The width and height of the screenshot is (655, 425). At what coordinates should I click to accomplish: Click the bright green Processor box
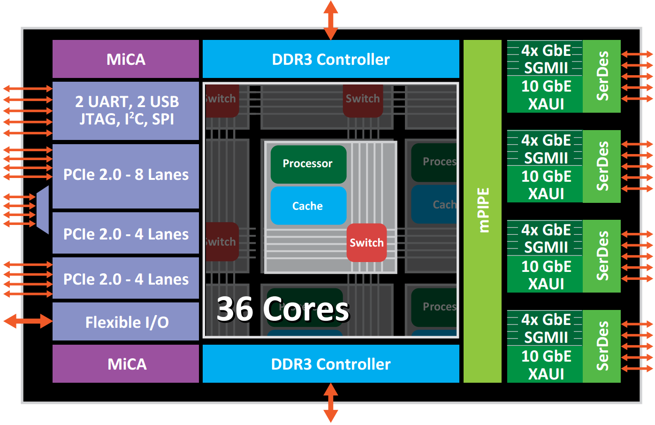click(x=308, y=164)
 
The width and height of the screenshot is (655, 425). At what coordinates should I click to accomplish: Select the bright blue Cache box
click(x=308, y=206)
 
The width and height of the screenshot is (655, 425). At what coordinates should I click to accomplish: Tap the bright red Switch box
click(x=366, y=242)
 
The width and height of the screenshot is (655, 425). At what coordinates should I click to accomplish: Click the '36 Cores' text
click(x=282, y=309)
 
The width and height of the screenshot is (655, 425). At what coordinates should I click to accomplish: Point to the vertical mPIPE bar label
click(x=483, y=210)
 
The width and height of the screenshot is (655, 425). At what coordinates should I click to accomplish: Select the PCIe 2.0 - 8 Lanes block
click(x=126, y=175)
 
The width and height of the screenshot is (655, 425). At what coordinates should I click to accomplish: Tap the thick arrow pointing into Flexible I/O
click(x=28, y=321)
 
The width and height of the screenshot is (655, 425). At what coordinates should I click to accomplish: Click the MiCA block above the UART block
click(x=126, y=59)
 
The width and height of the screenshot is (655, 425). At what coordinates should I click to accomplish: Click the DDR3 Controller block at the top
click(x=331, y=59)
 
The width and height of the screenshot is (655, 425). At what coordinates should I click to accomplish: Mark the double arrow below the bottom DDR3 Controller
click(x=331, y=402)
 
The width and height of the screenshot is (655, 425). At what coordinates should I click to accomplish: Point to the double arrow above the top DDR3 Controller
click(x=331, y=20)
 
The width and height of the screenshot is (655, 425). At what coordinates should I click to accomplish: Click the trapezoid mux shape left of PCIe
click(x=43, y=209)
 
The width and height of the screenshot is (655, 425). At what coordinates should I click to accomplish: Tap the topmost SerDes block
click(x=602, y=76)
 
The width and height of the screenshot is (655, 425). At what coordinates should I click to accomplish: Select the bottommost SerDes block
click(x=602, y=346)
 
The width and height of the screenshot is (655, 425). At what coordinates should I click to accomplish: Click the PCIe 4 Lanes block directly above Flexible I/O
click(x=126, y=278)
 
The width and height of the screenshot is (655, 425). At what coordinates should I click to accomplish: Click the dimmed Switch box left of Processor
click(x=221, y=241)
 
